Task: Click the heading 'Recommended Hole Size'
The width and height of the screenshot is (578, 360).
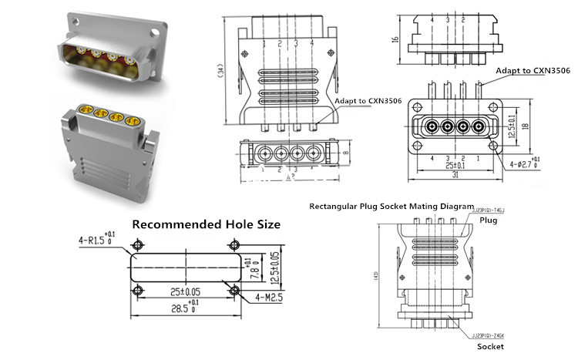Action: [207, 225]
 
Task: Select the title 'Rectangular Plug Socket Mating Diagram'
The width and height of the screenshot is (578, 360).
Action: [391, 207]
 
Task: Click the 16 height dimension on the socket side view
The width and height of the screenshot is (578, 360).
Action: [395, 40]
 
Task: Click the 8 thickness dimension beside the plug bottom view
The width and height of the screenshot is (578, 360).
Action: [348, 153]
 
